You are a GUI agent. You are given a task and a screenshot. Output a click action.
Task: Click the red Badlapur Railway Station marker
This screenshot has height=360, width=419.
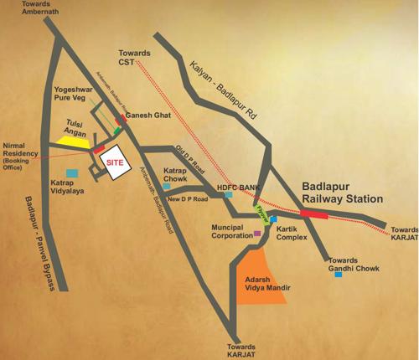coord(315,213)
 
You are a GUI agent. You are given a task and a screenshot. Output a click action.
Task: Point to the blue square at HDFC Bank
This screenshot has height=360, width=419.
coord(229,194)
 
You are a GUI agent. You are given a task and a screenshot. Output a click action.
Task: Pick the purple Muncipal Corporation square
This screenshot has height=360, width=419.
coord(257,234)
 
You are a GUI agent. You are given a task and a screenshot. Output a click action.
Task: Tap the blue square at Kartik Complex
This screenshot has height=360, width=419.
coord(273,219)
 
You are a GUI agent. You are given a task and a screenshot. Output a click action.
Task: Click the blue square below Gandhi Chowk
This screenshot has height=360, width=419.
coord(339,274)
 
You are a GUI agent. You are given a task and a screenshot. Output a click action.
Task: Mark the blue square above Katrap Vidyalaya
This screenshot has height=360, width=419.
coord(71,172)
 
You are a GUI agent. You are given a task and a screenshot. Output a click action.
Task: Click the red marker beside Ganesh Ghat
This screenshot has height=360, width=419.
coord(122,120)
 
